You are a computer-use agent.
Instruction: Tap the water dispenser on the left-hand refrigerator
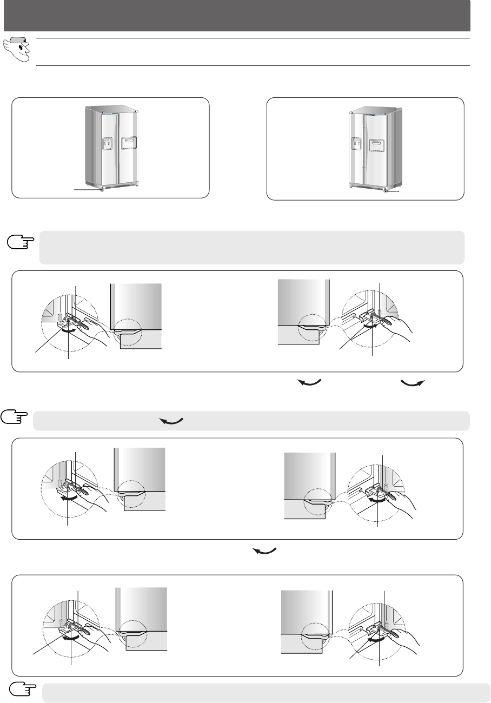click(x=108, y=144)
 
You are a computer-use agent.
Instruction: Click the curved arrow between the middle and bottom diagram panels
click(x=264, y=551)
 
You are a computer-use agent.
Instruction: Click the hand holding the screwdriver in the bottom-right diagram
click(x=400, y=635)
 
